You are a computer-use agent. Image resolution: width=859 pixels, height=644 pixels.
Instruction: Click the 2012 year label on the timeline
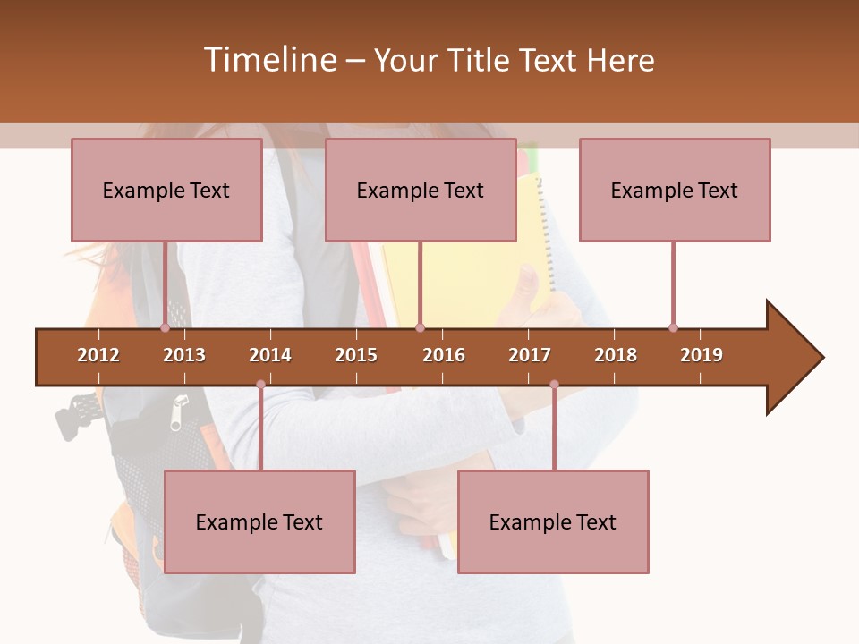click(98, 355)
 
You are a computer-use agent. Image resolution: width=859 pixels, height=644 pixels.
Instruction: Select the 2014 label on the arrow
click(270, 355)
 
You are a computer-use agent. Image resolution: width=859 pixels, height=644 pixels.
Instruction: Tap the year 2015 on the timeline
click(356, 355)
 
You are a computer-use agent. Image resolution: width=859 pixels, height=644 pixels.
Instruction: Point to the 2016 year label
click(444, 355)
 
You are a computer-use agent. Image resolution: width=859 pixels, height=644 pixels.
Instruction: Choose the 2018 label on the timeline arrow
click(616, 355)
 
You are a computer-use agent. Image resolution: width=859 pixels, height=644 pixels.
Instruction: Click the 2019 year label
click(702, 355)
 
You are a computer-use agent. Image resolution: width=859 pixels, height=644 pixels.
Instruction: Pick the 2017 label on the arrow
click(530, 355)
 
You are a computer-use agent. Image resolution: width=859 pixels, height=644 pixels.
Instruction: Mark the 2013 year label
click(184, 355)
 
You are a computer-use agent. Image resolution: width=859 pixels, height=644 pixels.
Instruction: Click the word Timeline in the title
click(268, 60)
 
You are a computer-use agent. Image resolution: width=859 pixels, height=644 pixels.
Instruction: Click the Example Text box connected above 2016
click(421, 190)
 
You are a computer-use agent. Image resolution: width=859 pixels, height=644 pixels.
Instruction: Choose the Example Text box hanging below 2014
click(259, 521)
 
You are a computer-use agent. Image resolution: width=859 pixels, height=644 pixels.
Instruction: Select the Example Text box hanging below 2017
click(553, 521)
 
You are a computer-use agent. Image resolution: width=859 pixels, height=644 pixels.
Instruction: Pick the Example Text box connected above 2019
click(675, 190)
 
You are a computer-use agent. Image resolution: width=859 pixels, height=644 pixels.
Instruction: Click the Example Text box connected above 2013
click(166, 190)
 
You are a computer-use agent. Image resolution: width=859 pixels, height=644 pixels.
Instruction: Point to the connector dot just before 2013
click(165, 328)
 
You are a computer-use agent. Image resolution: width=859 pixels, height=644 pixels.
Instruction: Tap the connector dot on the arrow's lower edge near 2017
click(554, 385)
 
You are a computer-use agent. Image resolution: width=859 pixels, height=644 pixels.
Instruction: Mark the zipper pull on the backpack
click(180, 411)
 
